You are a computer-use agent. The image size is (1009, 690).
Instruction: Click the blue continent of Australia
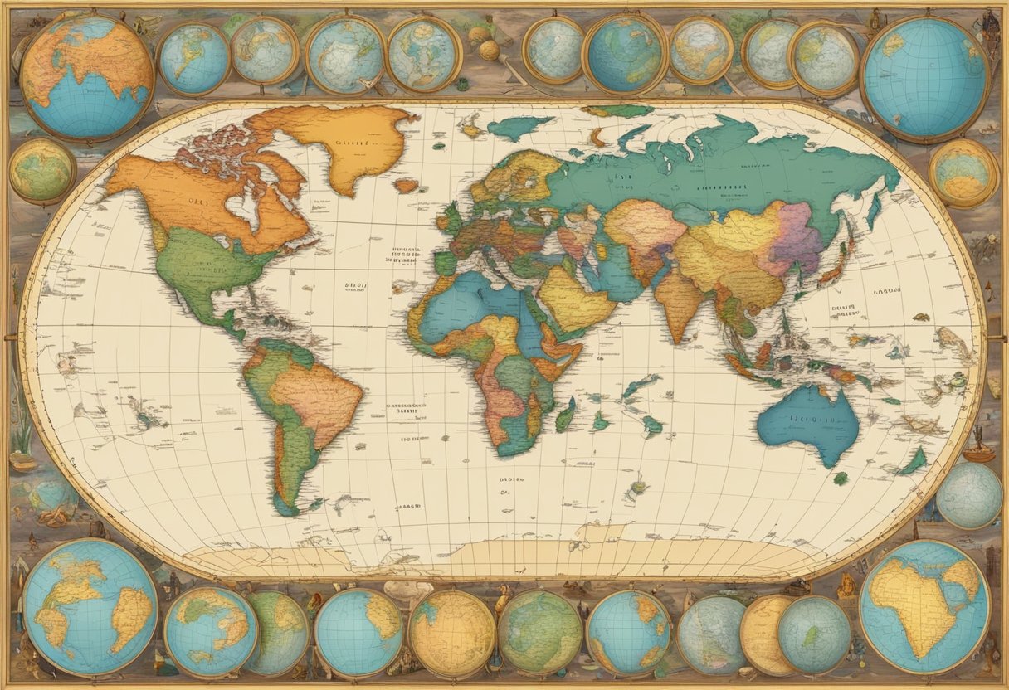(x=809, y=423)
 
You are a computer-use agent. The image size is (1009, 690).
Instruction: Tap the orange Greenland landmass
(x=349, y=145)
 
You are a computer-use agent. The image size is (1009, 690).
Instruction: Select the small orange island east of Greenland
(x=406, y=186)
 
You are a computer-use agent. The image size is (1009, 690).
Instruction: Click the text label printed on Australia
(x=809, y=419)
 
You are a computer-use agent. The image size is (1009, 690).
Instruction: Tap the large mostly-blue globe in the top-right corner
(x=925, y=79)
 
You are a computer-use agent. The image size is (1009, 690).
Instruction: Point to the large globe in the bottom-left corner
(x=90, y=606)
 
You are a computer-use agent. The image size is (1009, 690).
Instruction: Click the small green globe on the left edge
(x=41, y=171)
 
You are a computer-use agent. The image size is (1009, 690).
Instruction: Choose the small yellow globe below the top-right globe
(x=963, y=172)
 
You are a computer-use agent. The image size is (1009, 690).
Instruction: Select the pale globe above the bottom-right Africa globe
(x=969, y=494)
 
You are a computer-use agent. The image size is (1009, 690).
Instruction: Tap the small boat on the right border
(x=978, y=452)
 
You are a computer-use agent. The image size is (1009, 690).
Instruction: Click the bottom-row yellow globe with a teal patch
(x=452, y=633)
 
